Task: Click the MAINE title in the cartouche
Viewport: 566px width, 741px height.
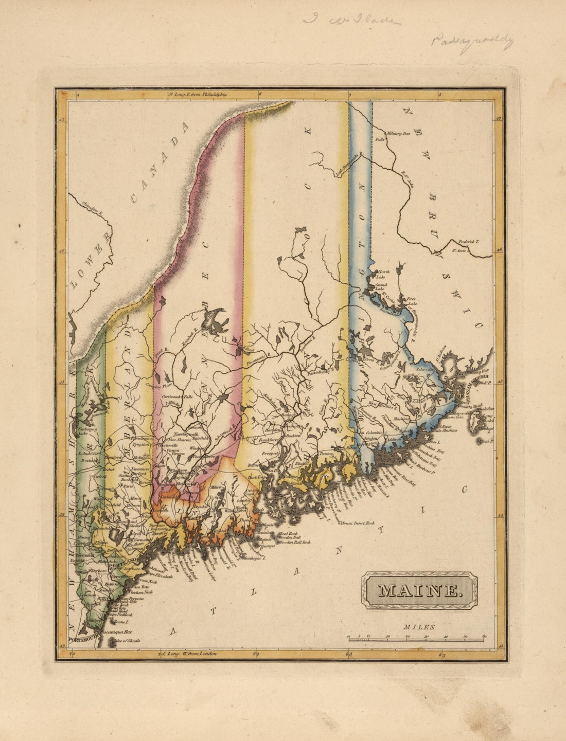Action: pos(419,591)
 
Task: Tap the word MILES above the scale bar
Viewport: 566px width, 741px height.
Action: pos(419,627)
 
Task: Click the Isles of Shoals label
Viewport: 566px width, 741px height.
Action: pos(127,641)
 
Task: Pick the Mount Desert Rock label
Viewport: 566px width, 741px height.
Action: pos(356,523)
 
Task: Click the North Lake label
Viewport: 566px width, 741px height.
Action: pos(384,275)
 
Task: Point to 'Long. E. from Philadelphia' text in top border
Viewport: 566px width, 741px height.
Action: pos(201,95)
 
